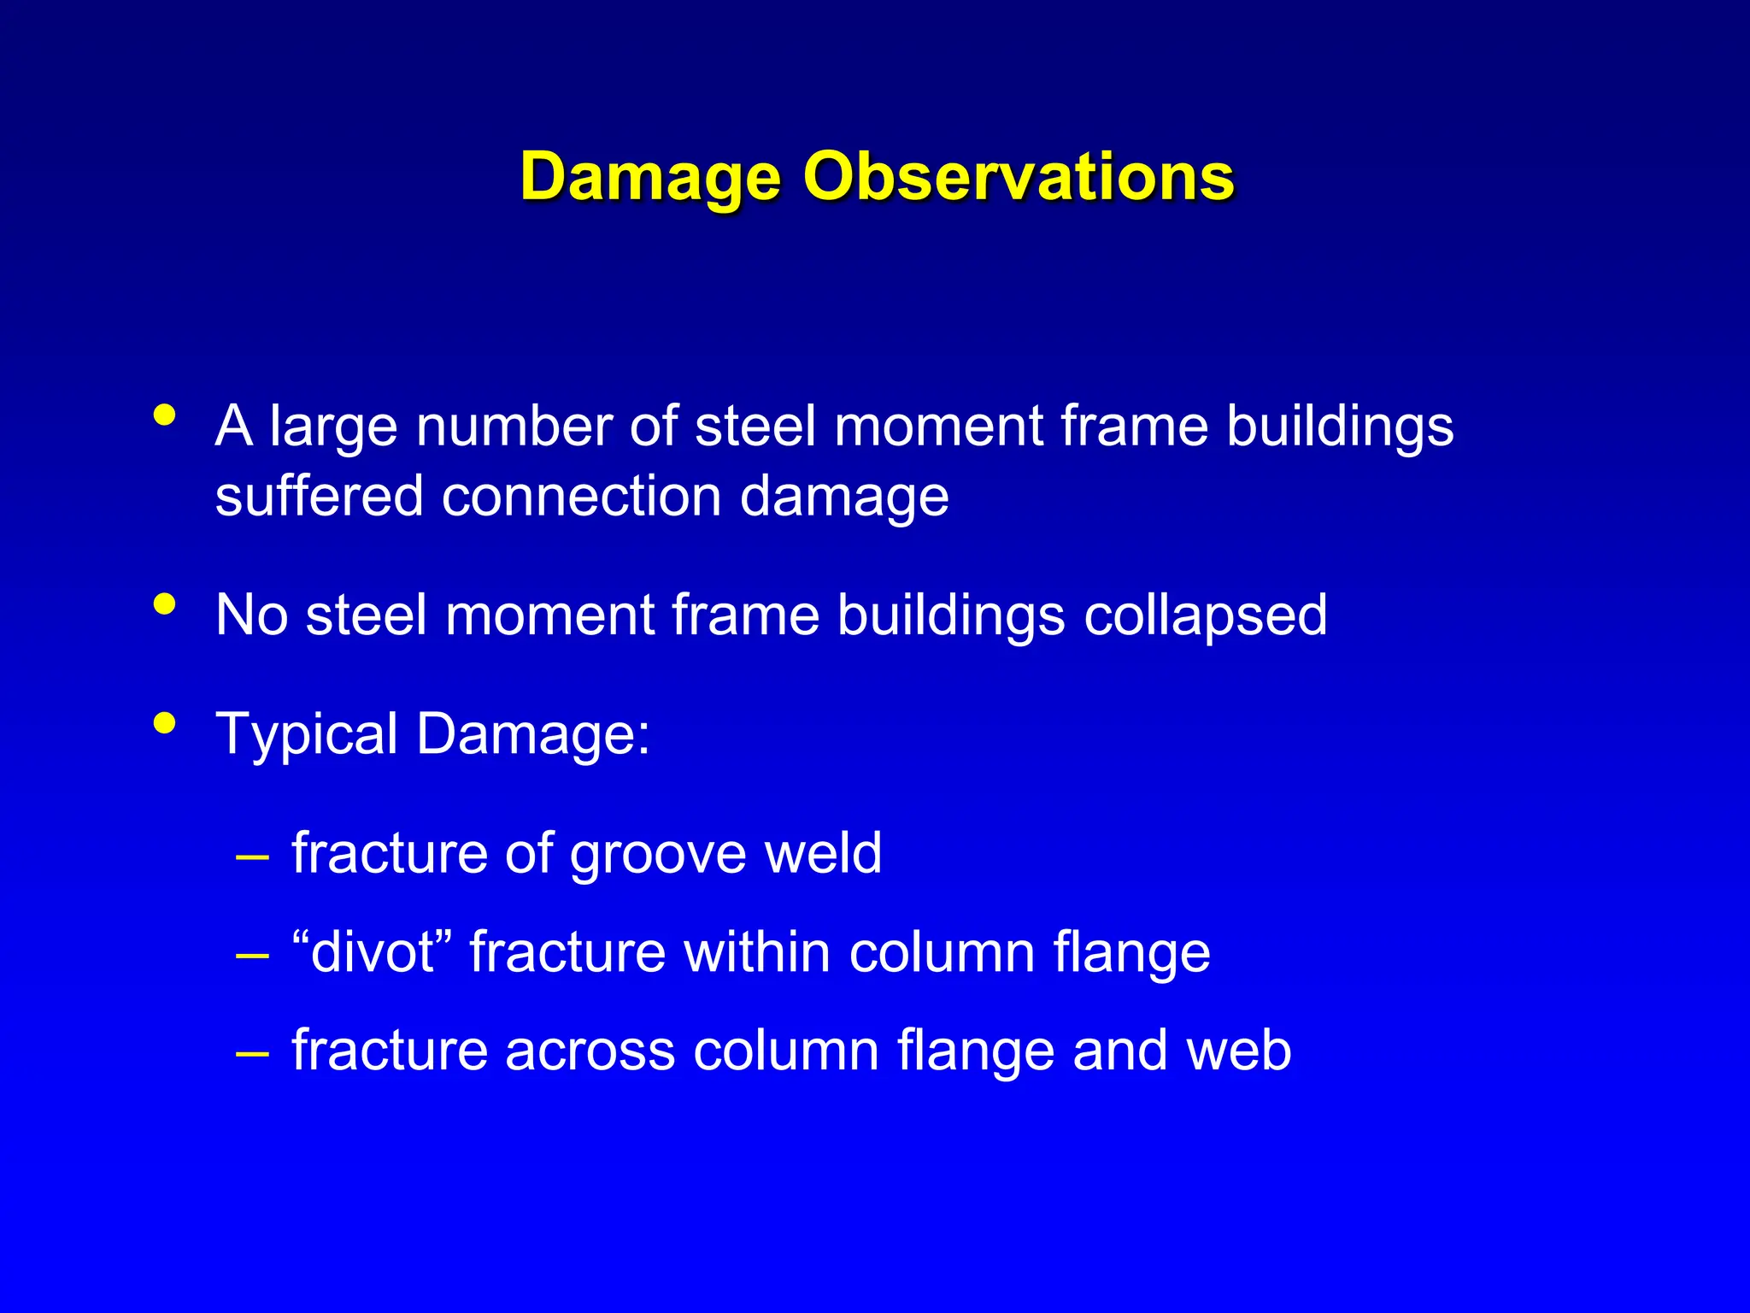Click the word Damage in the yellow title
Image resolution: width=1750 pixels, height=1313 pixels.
[x=650, y=177]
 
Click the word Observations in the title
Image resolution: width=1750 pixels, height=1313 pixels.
[x=1018, y=177]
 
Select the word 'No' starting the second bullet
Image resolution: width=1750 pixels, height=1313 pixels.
[x=251, y=615]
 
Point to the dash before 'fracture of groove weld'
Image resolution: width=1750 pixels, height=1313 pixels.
[x=252, y=856]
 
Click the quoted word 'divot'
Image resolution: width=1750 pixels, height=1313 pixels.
[x=373, y=952]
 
